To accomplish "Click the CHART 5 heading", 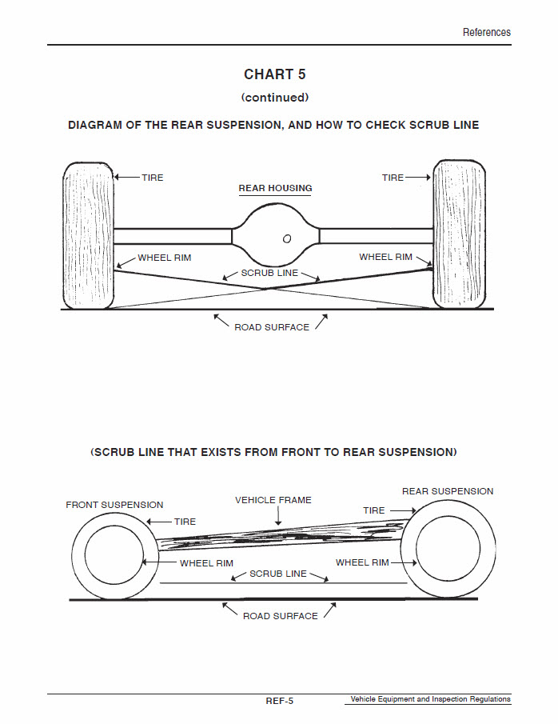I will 274,74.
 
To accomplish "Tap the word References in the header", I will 486,32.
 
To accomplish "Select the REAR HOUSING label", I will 275,189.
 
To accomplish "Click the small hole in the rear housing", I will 287,238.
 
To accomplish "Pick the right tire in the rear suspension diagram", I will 458,234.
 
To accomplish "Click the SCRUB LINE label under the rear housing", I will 269,273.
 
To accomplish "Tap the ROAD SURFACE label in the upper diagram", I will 272,327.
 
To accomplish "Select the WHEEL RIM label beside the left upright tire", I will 165,258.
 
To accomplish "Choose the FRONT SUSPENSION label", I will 114,505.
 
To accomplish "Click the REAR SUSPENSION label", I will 448,491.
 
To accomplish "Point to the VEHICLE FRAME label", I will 273,500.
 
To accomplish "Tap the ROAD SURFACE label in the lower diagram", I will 280,616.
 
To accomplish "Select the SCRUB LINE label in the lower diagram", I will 277,574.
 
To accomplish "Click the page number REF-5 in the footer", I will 279,701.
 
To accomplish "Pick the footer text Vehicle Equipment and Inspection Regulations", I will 430,699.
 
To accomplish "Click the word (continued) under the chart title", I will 274,98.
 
